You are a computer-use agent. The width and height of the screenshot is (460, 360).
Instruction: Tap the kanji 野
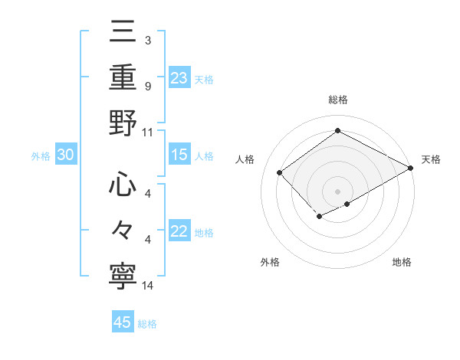[x=123, y=123]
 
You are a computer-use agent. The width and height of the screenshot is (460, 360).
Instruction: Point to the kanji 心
[x=123, y=186]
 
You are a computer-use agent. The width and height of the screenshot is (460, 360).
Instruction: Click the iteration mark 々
[x=123, y=229]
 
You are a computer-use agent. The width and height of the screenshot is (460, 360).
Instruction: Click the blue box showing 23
[x=179, y=77]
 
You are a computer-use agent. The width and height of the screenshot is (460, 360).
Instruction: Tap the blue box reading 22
[x=179, y=232]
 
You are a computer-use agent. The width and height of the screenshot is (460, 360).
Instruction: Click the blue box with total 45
[x=123, y=322]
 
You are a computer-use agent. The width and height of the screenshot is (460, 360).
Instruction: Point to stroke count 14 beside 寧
[x=149, y=286]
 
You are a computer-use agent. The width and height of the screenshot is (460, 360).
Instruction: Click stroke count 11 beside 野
[x=149, y=132]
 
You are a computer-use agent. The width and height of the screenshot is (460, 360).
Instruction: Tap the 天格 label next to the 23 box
[x=204, y=79]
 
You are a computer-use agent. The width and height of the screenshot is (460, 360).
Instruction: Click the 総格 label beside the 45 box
[x=147, y=324]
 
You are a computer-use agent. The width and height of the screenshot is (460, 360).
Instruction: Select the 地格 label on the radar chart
[x=402, y=262]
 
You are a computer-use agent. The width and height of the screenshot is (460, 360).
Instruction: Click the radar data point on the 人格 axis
[x=280, y=173]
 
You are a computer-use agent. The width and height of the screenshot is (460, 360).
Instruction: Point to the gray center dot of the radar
[x=337, y=191]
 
